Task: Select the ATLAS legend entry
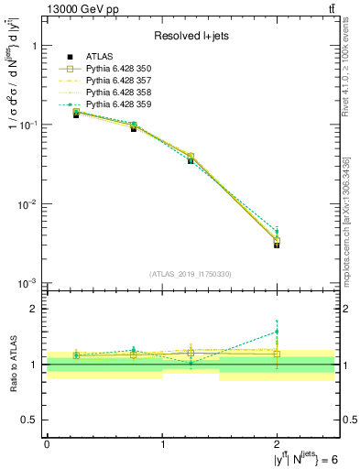(104, 56)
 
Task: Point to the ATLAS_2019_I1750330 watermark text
(191, 273)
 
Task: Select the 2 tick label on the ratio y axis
(34, 309)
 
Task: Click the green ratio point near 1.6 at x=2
(277, 332)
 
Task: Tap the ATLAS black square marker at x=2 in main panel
(277, 245)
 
